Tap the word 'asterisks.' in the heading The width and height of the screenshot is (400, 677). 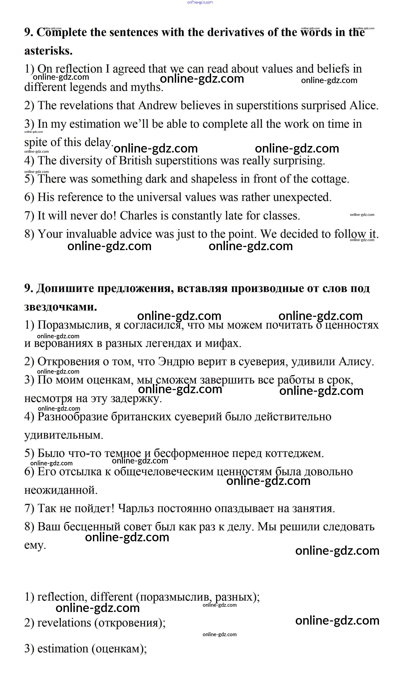[49, 51]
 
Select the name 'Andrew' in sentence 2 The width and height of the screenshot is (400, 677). [158, 105]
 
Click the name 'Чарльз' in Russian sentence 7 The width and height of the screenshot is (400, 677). [136, 508]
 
